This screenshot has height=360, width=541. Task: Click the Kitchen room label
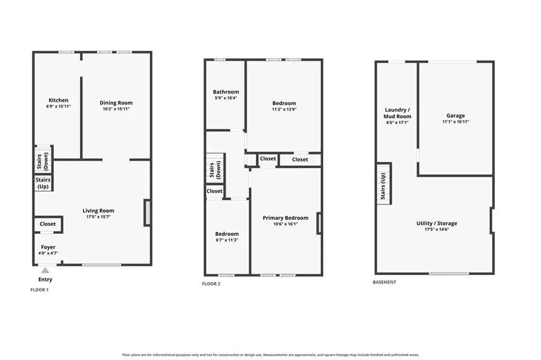click(x=58, y=100)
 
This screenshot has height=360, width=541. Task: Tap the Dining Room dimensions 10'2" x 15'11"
click(x=116, y=109)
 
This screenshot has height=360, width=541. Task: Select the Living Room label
click(x=98, y=211)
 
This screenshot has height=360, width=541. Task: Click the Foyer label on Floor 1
click(x=48, y=247)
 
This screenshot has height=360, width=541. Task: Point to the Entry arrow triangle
click(x=45, y=270)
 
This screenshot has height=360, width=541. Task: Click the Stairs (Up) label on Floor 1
click(x=43, y=183)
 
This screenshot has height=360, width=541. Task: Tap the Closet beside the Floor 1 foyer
click(x=48, y=224)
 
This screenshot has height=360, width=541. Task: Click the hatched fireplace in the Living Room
click(x=148, y=213)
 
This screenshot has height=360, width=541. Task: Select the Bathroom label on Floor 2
click(x=226, y=92)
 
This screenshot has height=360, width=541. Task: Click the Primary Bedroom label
click(x=285, y=218)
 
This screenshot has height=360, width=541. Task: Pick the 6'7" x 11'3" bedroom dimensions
click(x=227, y=240)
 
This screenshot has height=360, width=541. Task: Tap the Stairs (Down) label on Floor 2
click(x=215, y=169)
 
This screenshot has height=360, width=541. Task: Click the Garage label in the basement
click(x=455, y=116)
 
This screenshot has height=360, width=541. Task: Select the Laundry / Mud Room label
click(x=397, y=113)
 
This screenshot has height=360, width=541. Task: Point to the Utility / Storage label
click(x=436, y=223)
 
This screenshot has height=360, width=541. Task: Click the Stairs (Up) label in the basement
click(x=383, y=186)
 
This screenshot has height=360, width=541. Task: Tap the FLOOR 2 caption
click(x=211, y=284)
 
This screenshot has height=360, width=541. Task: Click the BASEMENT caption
click(x=385, y=282)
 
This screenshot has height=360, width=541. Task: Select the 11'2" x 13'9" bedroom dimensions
click(x=284, y=109)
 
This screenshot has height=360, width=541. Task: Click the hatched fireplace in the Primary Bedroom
click(x=320, y=223)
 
